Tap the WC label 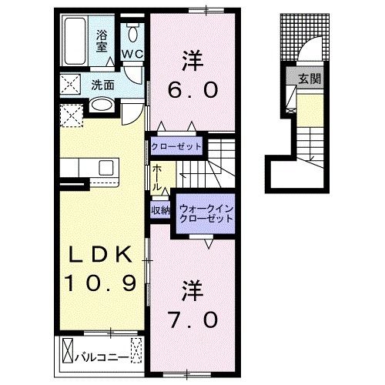(132, 54)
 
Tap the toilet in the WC (132, 32)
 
